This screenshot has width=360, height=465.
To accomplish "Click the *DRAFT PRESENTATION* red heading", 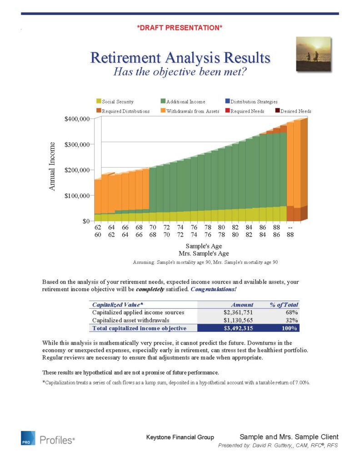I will (x=180, y=28).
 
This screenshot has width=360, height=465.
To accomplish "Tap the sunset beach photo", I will (x=314, y=54).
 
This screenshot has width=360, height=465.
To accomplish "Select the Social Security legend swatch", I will (x=98, y=102).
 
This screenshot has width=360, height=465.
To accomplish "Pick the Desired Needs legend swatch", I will (x=278, y=111).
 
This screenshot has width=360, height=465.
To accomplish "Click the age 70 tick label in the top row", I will (x=153, y=227).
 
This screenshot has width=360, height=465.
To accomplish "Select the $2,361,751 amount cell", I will (x=238, y=312).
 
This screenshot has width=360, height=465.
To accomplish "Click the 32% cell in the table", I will (x=291, y=320).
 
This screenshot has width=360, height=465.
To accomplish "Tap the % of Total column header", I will (x=284, y=305).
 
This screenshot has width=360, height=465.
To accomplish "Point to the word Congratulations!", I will (x=214, y=289).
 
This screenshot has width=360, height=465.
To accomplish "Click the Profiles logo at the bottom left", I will (x=48, y=439).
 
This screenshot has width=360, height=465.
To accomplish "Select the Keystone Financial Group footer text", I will (x=180, y=437).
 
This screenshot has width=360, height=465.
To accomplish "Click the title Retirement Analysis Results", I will (x=180, y=58).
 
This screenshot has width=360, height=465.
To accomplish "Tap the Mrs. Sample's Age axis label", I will (x=204, y=253).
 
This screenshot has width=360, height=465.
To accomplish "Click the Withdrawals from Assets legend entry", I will (x=193, y=111).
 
